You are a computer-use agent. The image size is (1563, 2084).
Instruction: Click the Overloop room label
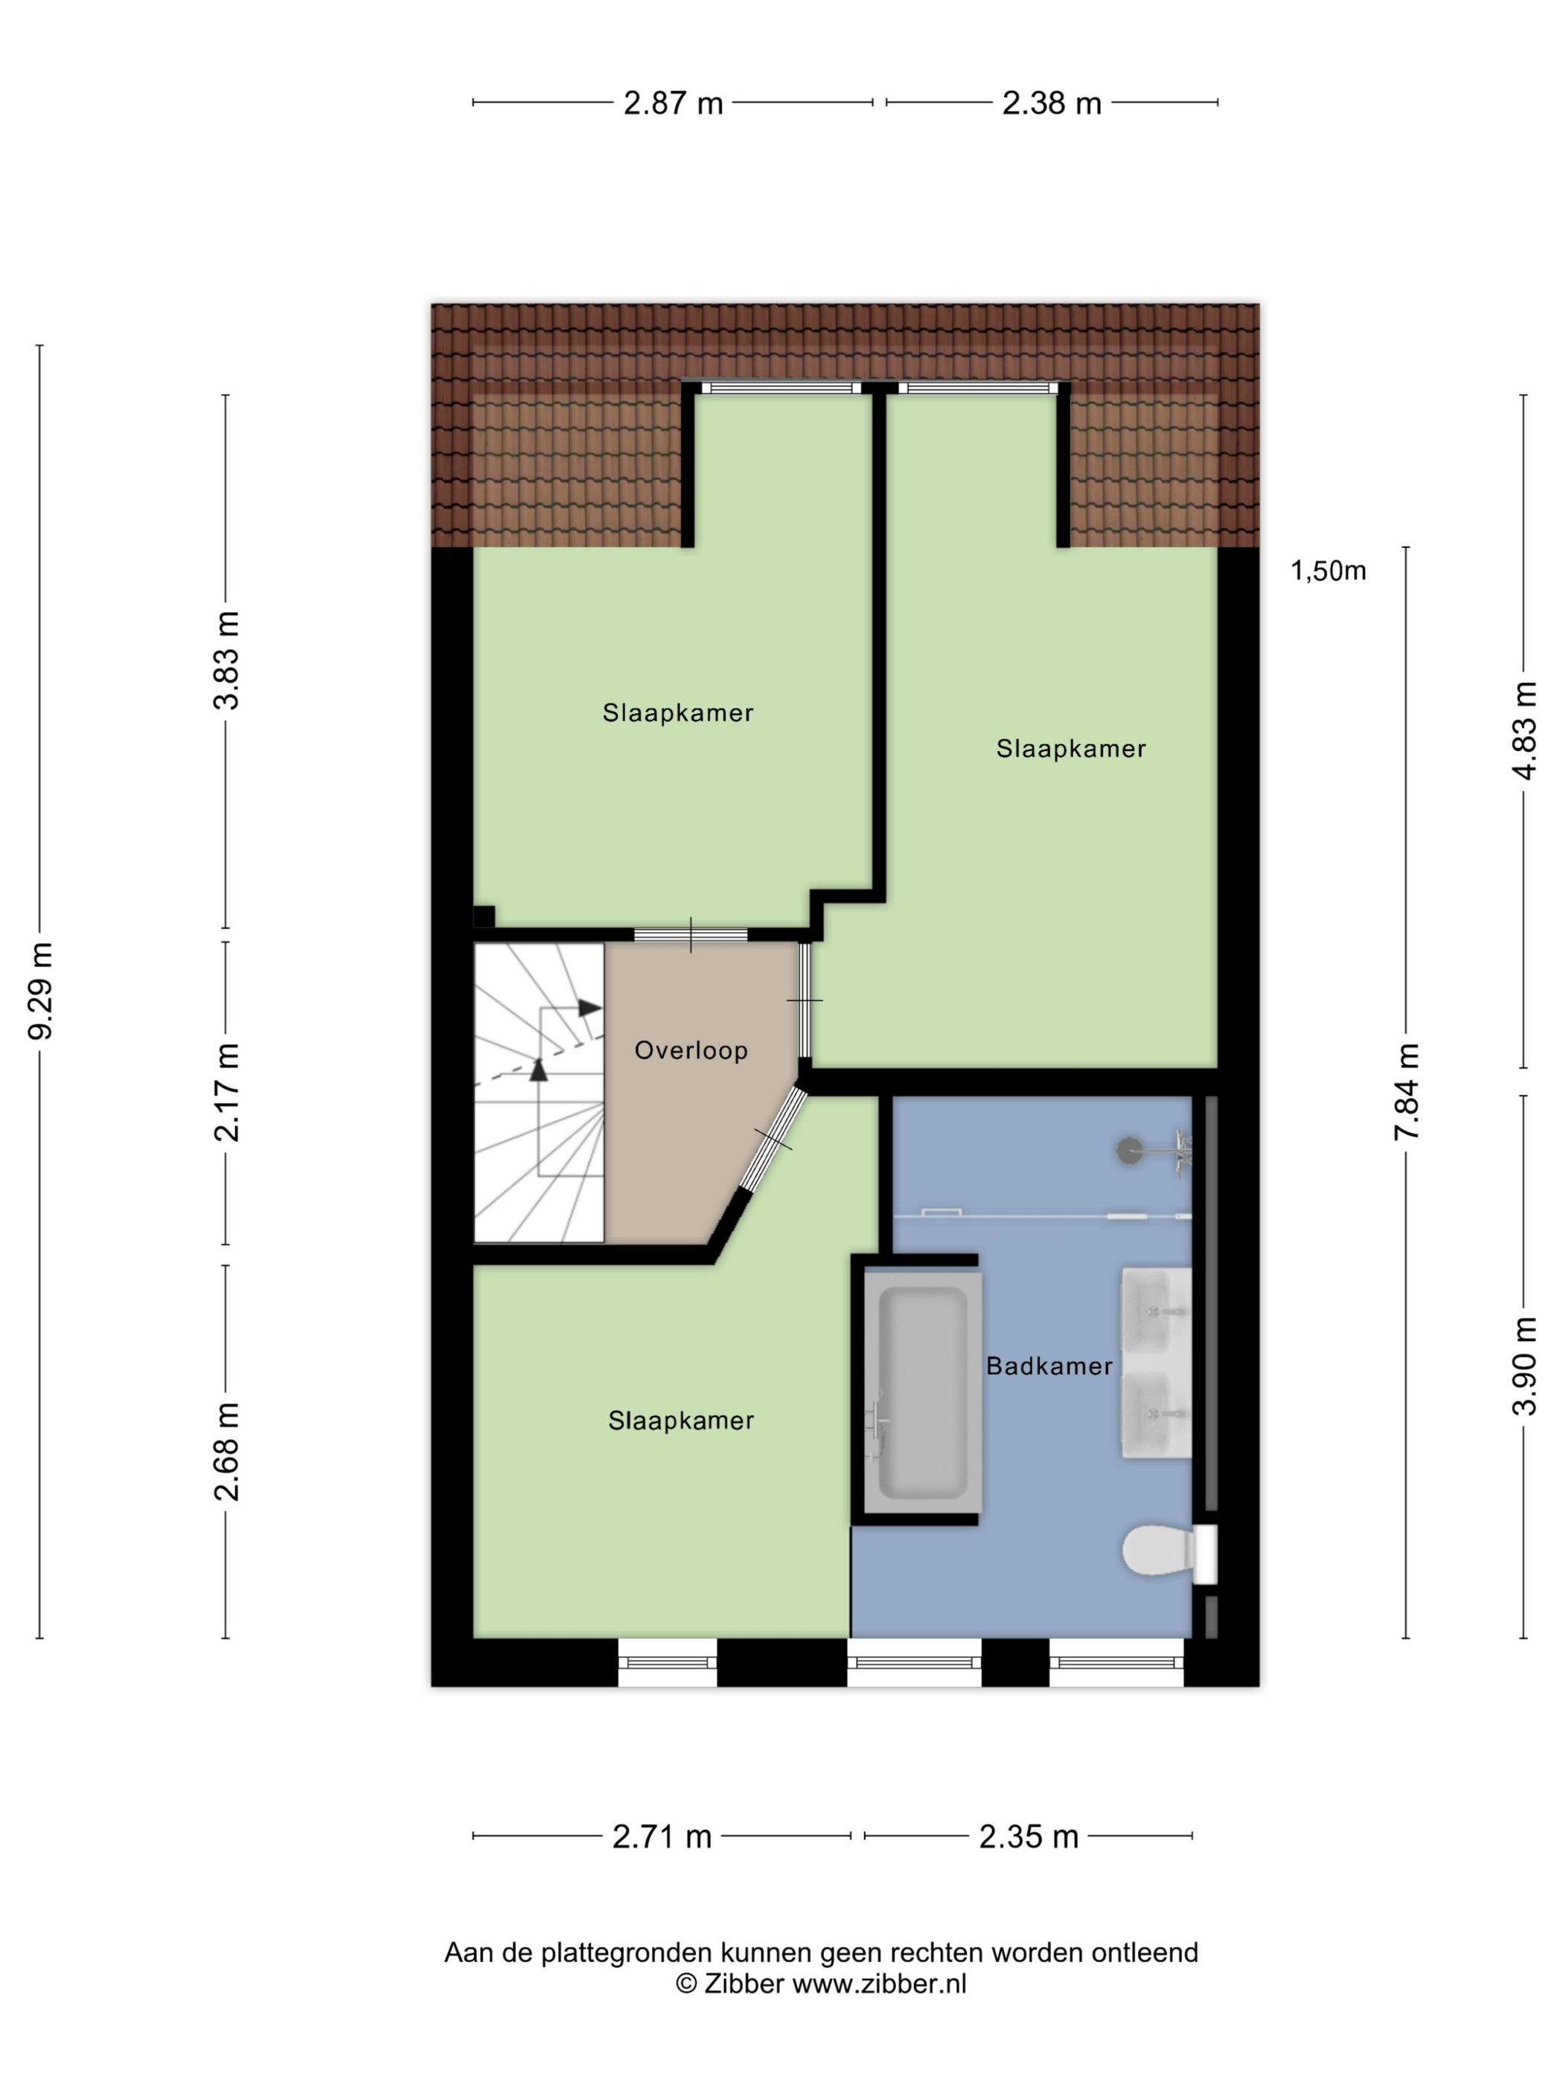(691, 1050)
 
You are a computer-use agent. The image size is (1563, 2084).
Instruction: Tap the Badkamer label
(1049, 1365)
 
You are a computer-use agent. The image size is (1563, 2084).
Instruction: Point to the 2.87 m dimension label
(673, 103)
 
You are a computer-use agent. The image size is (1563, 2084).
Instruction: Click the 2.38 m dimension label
(1052, 103)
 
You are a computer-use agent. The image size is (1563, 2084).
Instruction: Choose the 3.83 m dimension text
(227, 660)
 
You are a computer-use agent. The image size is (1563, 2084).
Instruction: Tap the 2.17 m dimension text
(227, 1092)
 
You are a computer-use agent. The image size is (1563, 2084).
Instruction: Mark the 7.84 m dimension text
(1407, 1092)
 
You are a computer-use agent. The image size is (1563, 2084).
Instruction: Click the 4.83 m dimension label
(1524, 731)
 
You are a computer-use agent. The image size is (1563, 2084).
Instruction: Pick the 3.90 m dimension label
(1524, 1365)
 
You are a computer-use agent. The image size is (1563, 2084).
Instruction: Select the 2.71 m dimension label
(662, 1836)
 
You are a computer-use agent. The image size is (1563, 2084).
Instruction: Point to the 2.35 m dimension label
(1028, 1836)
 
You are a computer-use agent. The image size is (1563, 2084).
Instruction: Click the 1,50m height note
(1328, 570)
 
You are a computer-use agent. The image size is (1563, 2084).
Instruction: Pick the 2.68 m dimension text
(227, 1451)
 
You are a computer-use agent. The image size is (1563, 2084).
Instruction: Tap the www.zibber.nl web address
(879, 1984)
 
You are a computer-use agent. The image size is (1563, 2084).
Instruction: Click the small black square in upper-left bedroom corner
(483, 917)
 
